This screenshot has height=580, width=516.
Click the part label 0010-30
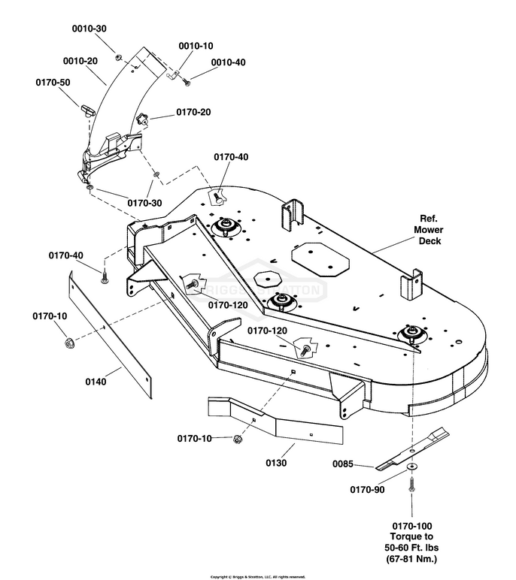click(x=89, y=29)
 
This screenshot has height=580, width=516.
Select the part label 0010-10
click(x=196, y=46)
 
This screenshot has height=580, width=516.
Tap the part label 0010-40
click(x=228, y=62)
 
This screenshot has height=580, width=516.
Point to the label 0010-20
click(x=80, y=61)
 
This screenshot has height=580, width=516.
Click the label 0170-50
click(x=53, y=82)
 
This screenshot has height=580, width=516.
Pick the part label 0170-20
click(x=193, y=112)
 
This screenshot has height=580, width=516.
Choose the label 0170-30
click(x=144, y=203)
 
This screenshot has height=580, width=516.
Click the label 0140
click(x=96, y=382)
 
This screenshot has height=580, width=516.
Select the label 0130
click(x=276, y=463)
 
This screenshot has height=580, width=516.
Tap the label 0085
click(x=343, y=464)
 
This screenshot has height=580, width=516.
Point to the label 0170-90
click(x=367, y=490)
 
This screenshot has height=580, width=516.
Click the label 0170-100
click(x=412, y=526)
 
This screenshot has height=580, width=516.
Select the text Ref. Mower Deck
click(x=428, y=230)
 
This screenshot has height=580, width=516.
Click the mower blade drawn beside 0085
click(x=412, y=449)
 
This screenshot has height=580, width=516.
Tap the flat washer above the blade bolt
click(x=411, y=467)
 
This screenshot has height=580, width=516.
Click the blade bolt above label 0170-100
click(x=411, y=485)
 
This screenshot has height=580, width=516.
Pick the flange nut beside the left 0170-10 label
click(x=68, y=343)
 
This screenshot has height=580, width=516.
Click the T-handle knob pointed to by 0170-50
click(x=87, y=110)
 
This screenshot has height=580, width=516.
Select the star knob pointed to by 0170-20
click(x=141, y=119)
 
